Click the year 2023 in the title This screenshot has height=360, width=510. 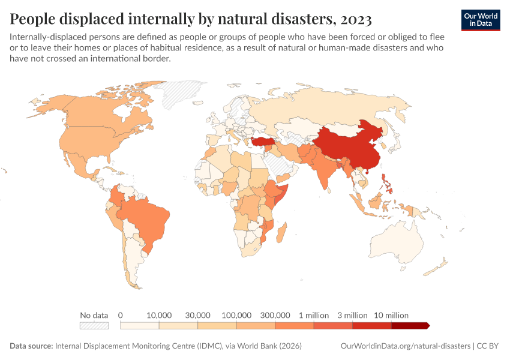pos(356,19)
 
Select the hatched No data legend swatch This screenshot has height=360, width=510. pos(94,325)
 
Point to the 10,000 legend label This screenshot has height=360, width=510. pos(159,315)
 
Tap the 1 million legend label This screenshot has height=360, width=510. pos(313,315)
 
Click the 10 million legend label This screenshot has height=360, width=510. pos(391,315)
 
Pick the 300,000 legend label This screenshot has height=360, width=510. pos(275,315)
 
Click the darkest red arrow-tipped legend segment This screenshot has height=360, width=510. pos(410,325)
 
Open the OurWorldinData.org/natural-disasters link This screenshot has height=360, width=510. pos(406,346)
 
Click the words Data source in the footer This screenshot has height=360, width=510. pos(31,346)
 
